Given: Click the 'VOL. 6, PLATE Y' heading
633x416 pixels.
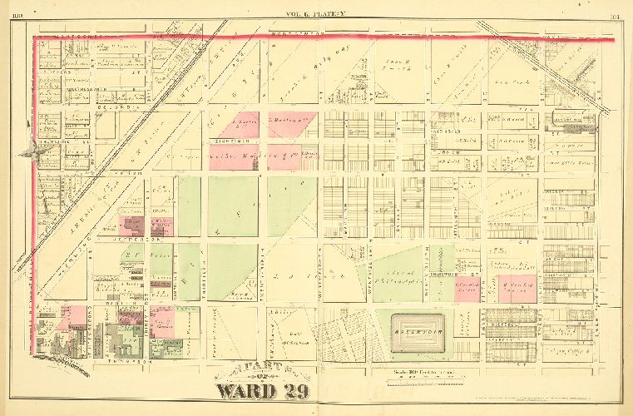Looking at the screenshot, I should click(319, 13).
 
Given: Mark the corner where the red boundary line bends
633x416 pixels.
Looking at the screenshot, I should click(34, 37).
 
